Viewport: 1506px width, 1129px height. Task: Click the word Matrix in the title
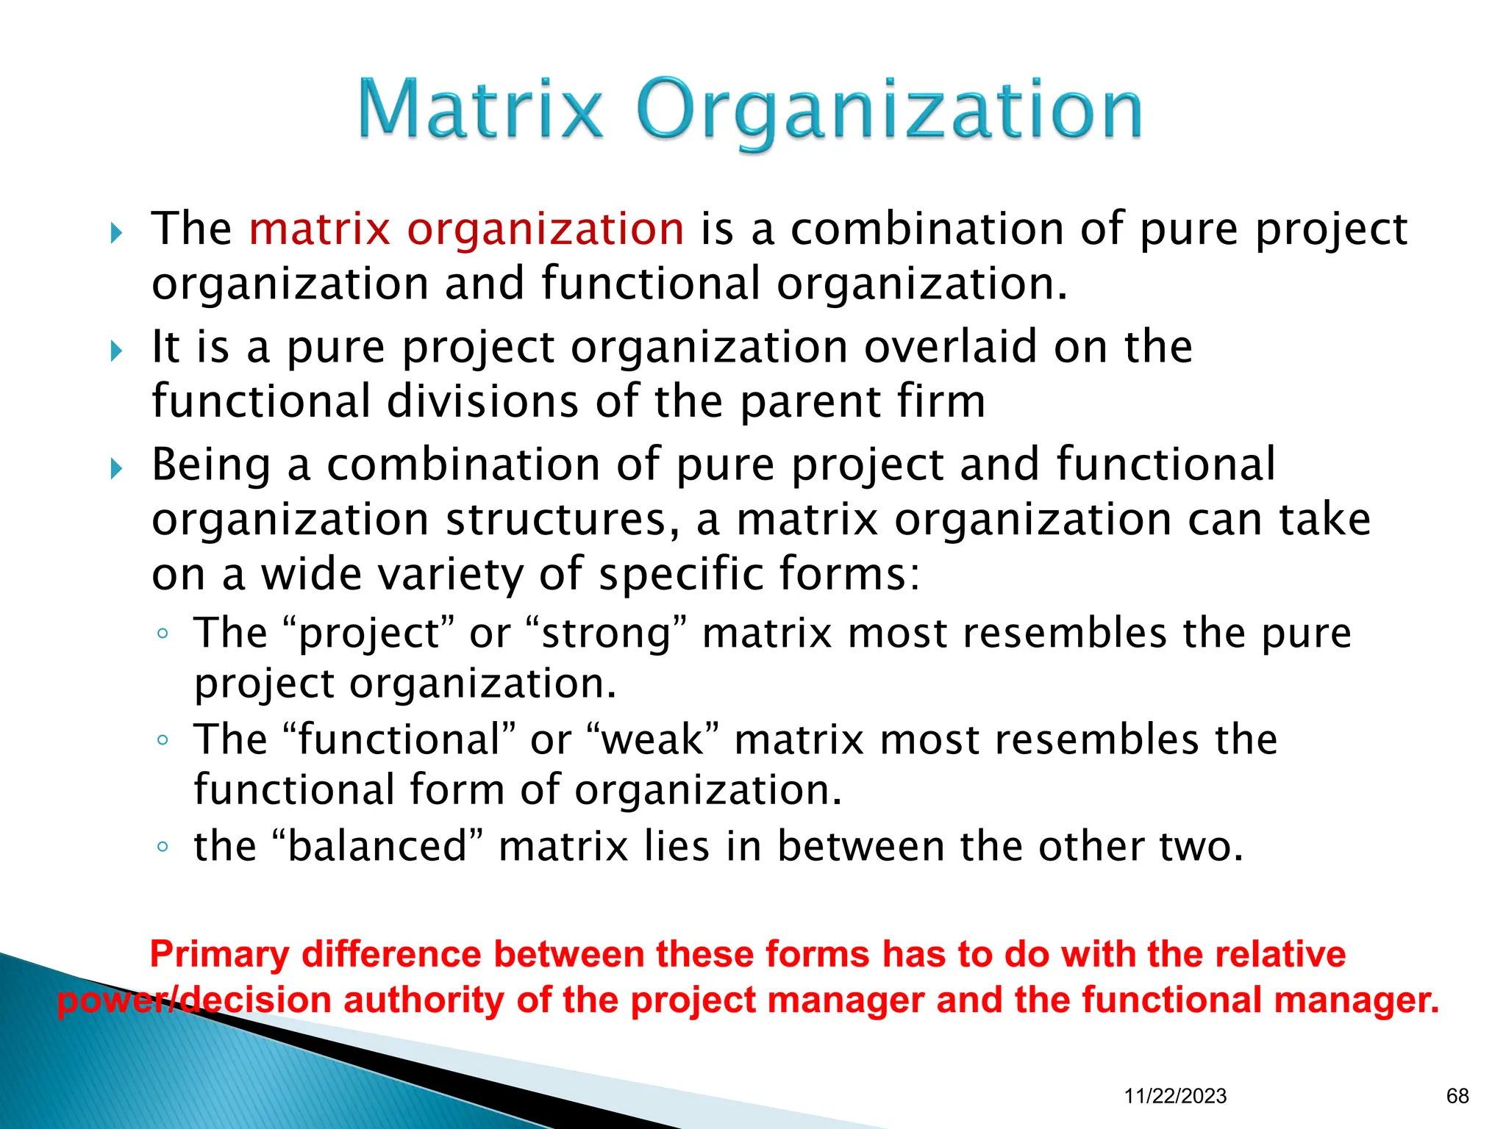(479, 110)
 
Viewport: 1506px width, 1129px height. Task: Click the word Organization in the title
(888, 112)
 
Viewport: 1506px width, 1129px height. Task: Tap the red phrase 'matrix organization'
(466, 229)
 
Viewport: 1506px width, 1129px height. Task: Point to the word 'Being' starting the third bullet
(211, 465)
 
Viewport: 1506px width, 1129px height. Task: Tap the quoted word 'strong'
(607, 634)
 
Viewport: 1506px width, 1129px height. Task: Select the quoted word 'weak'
(652, 739)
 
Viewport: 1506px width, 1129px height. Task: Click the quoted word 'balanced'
(377, 846)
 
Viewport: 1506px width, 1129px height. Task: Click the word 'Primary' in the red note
(219, 954)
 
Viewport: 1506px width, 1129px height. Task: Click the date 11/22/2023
(1175, 1096)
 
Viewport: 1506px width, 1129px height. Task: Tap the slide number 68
(1457, 1096)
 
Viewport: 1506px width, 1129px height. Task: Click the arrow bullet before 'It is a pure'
(116, 351)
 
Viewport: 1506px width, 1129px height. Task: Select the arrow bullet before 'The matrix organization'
(116, 233)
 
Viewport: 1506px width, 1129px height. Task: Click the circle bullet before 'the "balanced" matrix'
(163, 847)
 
